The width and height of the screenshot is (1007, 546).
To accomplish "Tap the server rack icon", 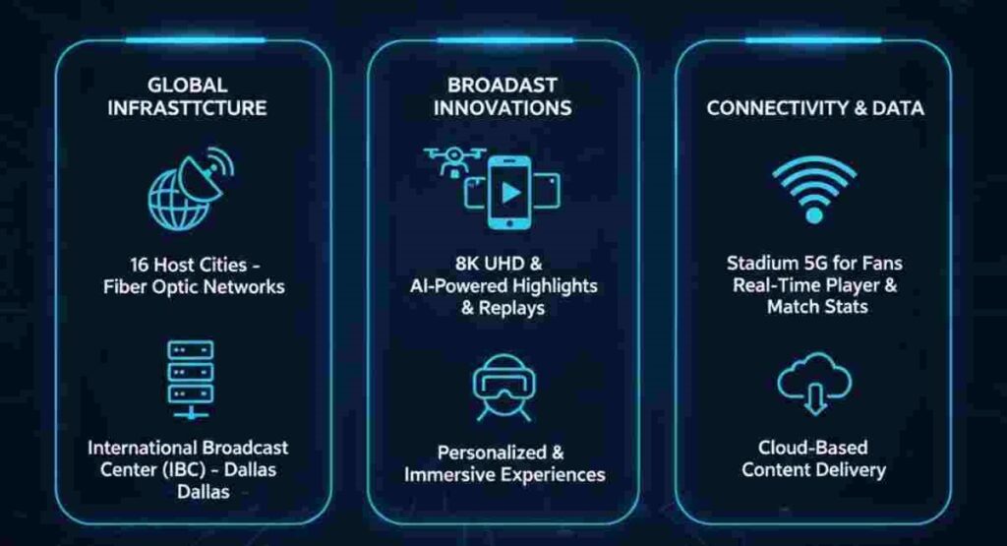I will click(190, 372).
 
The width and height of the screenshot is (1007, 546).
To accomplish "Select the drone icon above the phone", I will click(454, 160).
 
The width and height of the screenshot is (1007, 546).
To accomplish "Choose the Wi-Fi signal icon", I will click(813, 186).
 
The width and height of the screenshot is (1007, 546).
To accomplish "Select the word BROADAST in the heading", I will click(503, 85).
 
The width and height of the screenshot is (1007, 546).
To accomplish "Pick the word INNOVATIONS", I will click(503, 107).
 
